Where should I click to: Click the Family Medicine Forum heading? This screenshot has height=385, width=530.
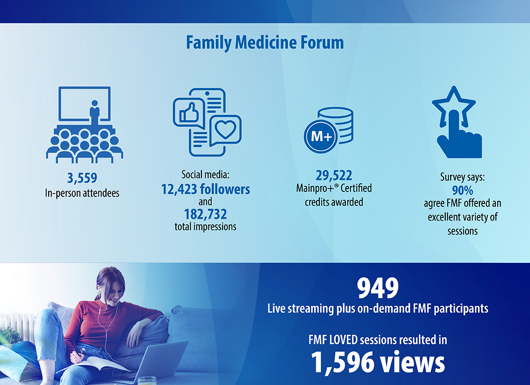tap(265, 42)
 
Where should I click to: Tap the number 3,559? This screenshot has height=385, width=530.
tap(82, 178)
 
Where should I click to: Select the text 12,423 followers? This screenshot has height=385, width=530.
tap(206, 189)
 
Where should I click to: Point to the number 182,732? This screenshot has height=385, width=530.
tap(206, 214)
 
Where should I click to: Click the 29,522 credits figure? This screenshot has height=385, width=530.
tap(334, 175)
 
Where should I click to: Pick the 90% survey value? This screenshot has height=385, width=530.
tap(463, 191)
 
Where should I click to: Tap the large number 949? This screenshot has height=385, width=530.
tap(378, 288)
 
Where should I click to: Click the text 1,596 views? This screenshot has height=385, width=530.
tap(378, 362)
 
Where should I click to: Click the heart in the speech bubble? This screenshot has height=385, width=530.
tap(226, 129)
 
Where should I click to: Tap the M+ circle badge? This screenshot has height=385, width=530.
tap(321, 137)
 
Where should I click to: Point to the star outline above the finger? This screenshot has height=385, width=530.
tap(453, 105)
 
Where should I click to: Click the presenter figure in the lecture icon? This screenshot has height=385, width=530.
tap(94, 112)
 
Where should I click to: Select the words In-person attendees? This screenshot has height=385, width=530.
tap(82, 193)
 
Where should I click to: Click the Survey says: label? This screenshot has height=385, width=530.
tap(463, 177)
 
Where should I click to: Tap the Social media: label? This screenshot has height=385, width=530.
tap(206, 174)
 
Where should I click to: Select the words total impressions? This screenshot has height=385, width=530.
tap(206, 227)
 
